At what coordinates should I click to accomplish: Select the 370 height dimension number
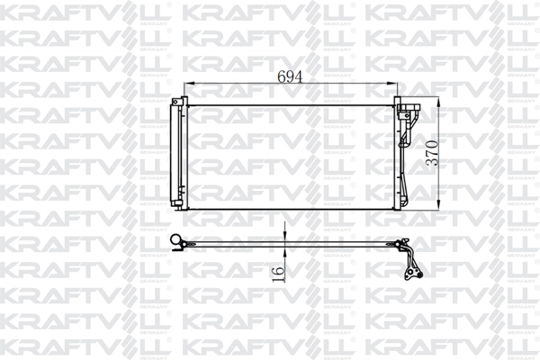(x=432, y=154)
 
